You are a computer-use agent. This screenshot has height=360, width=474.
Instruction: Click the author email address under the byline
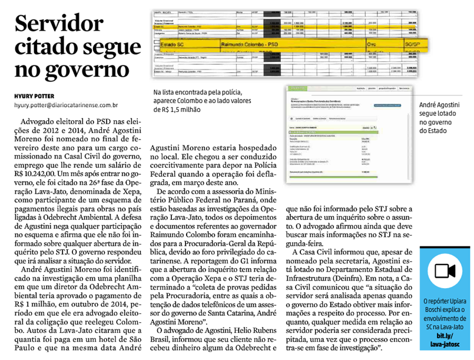click(x=66, y=105)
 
